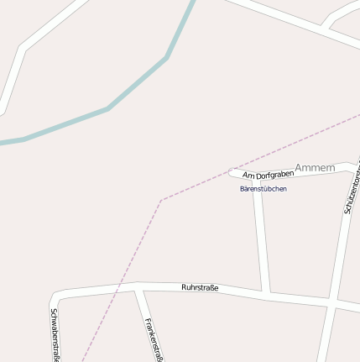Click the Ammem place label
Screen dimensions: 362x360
coord(315,168)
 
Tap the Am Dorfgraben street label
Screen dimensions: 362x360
coord(268,175)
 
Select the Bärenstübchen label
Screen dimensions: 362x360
coord(263,189)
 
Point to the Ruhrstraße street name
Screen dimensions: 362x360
coord(200,288)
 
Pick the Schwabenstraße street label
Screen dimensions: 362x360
coord(55,335)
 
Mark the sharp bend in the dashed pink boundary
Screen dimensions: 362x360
coord(161,200)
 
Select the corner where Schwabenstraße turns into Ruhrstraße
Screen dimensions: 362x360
coord(57,296)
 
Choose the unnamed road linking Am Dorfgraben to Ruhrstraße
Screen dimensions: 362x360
coord(261,235)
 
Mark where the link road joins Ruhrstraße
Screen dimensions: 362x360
coord(266,294)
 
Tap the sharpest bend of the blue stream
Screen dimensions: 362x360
coord(167,57)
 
